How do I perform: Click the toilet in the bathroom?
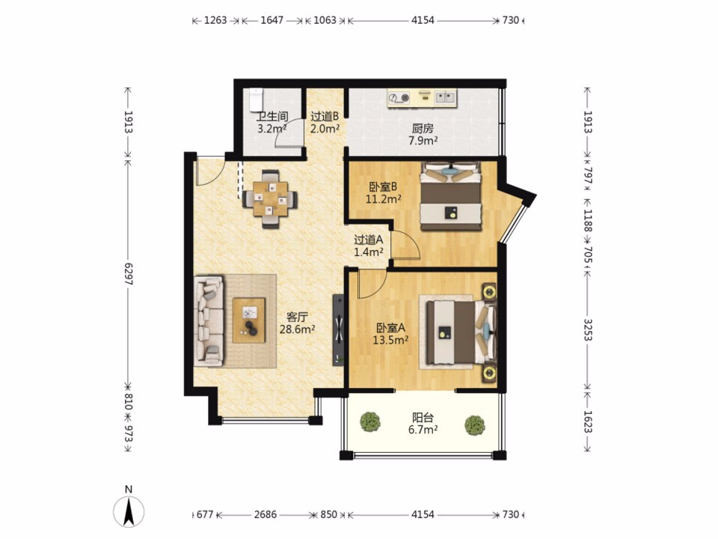point(256,100)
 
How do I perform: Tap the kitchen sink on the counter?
point(446,97)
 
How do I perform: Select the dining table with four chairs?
point(270,199)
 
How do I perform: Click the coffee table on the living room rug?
point(248,320)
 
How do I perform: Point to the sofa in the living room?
point(209,321)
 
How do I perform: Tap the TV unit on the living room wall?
point(338,329)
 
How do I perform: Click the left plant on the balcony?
point(369,421)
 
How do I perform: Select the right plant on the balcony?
point(475,425)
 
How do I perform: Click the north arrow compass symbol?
point(129,510)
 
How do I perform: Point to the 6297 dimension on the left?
point(128,274)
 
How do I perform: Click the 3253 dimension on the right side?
point(588,329)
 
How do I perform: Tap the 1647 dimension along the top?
point(272,20)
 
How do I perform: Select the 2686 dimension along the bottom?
point(266,514)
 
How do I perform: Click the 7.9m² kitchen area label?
point(423,140)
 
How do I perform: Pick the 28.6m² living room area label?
point(297,329)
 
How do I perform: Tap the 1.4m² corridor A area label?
point(369,252)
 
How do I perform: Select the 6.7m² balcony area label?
point(423,430)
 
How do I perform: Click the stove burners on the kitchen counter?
point(399,97)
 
